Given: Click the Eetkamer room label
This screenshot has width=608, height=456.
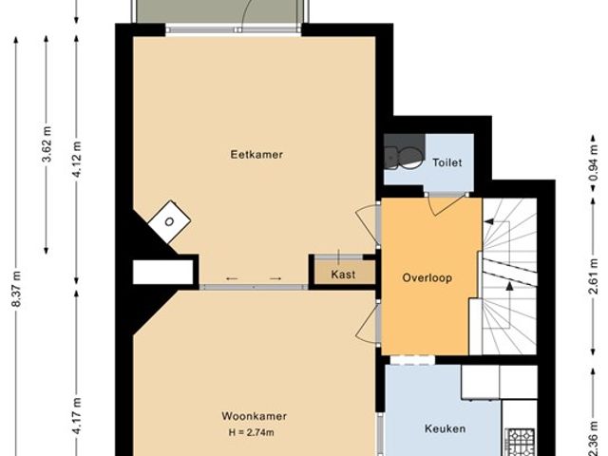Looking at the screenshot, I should pyautogui.click(x=256, y=154).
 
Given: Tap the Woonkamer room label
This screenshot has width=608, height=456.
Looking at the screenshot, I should pyautogui.click(x=254, y=416).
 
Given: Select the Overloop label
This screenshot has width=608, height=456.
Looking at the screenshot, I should pyautogui.click(x=426, y=278).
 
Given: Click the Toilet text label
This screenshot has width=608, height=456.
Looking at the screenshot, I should pyautogui.click(x=446, y=162).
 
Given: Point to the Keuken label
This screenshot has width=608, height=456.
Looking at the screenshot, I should pyautogui.click(x=445, y=428).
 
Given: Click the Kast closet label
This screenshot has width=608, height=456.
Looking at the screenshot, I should pyautogui.click(x=343, y=275).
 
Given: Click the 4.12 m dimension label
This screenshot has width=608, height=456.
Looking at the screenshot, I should pyautogui.click(x=77, y=159).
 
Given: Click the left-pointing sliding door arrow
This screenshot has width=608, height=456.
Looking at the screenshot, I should pyautogui.click(x=232, y=278).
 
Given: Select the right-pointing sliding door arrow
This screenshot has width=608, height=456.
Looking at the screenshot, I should pyautogui.click(x=275, y=278).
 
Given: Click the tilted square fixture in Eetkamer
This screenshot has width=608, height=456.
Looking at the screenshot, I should pyautogui.click(x=168, y=222).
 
